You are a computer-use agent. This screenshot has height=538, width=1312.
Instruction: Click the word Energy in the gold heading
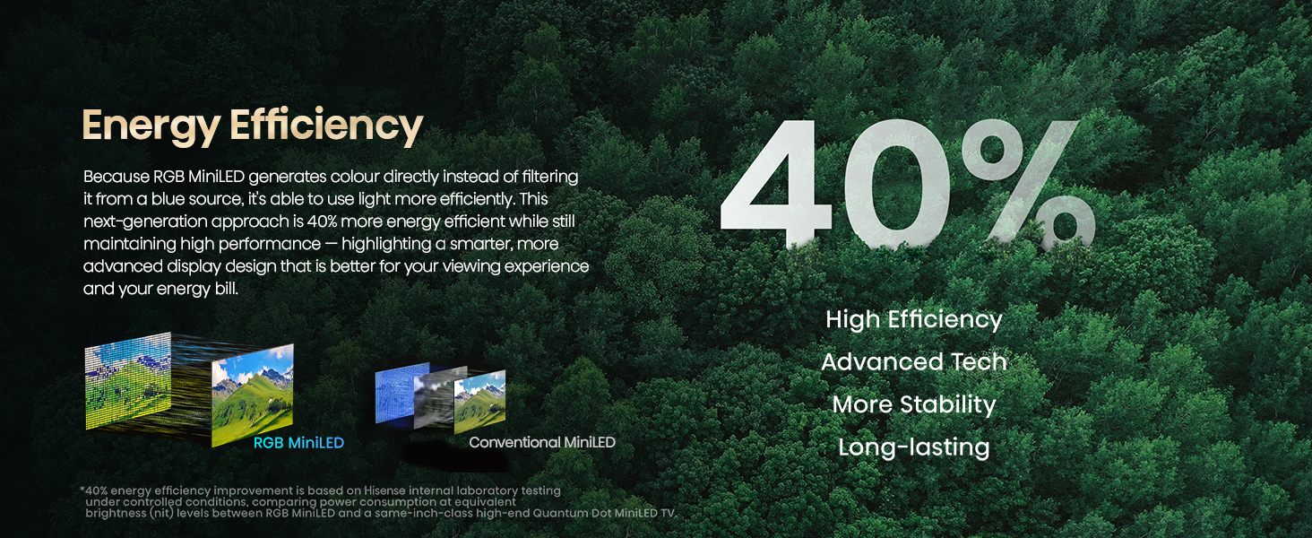click(151, 126)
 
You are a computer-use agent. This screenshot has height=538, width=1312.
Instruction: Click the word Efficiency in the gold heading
click(326, 126)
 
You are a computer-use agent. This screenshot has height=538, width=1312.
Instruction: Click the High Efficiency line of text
click(914, 320)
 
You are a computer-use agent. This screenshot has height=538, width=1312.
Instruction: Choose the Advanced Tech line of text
click(914, 361)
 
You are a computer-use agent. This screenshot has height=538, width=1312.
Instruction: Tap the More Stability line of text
click(914, 404)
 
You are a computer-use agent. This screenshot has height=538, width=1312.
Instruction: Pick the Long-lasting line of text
click(914, 447)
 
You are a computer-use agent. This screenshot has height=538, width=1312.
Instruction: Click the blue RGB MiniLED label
click(298, 442)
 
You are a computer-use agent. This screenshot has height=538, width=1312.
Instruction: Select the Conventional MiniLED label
click(542, 442)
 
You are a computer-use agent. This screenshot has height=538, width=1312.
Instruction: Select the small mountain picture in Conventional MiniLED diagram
click(479, 402)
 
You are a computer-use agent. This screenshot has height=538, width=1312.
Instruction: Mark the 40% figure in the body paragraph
click(322, 221)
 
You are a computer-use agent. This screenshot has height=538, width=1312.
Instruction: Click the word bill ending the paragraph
click(227, 289)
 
